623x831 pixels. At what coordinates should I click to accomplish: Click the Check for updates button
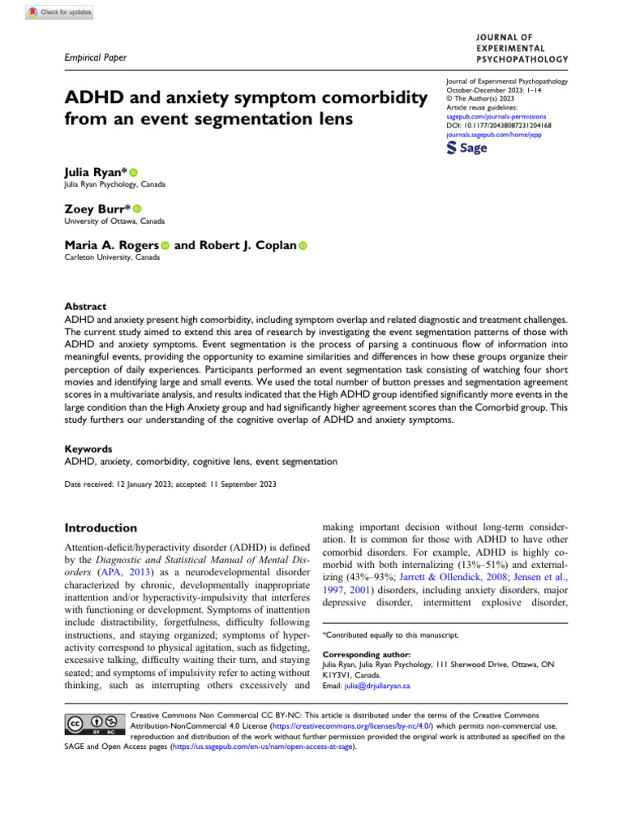point(59,11)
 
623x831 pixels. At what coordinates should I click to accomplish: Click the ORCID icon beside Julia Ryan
point(134,173)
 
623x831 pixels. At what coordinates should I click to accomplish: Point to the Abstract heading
point(85,307)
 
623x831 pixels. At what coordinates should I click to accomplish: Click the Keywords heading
point(88,448)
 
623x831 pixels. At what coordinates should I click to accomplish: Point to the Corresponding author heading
point(361,653)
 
